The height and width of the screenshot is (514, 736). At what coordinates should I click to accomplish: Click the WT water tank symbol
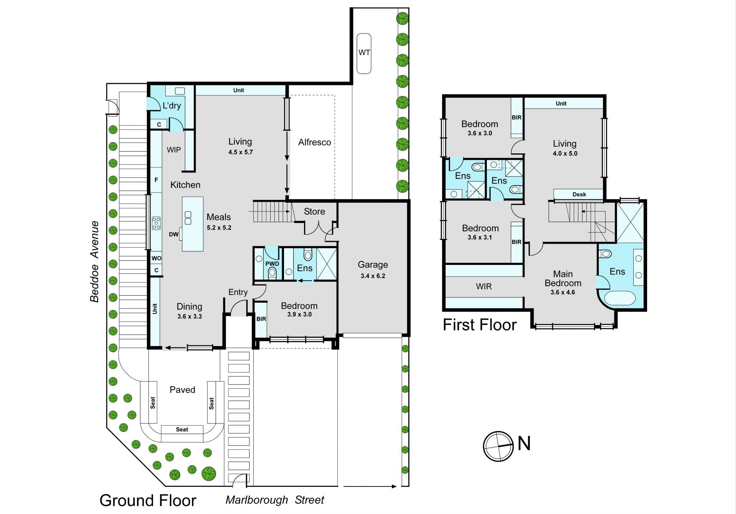point(364,53)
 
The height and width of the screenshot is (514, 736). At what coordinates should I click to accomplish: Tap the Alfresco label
point(315,142)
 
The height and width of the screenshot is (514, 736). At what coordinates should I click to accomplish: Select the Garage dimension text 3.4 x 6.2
point(373,276)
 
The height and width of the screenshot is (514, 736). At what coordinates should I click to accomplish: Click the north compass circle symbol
point(498,446)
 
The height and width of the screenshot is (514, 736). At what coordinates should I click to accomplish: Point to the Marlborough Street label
point(275,500)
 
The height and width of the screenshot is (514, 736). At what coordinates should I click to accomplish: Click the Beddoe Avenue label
point(94,261)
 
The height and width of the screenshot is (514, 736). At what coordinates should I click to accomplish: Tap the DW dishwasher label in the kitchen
point(174,234)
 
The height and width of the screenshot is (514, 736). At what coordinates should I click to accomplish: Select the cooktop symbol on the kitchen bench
point(156,223)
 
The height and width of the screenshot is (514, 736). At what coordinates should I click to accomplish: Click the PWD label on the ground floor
point(272,264)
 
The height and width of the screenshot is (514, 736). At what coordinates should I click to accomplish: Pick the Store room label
point(314,211)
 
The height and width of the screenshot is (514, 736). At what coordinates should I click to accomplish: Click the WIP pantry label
point(174,150)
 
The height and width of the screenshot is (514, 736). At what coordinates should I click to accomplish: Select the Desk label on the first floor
point(579,194)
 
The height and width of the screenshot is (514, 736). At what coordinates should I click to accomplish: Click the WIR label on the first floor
point(484,286)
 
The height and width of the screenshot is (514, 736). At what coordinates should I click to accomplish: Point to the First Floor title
point(480,325)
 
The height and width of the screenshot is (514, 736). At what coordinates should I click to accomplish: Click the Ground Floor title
point(148,501)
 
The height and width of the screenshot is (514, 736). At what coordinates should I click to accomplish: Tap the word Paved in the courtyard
point(182,390)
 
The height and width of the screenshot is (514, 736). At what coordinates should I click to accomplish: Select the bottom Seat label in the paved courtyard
point(182,429)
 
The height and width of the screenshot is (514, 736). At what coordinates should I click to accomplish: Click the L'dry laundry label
point(172,105)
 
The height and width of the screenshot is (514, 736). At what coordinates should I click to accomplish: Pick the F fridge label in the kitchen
point(156,180)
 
